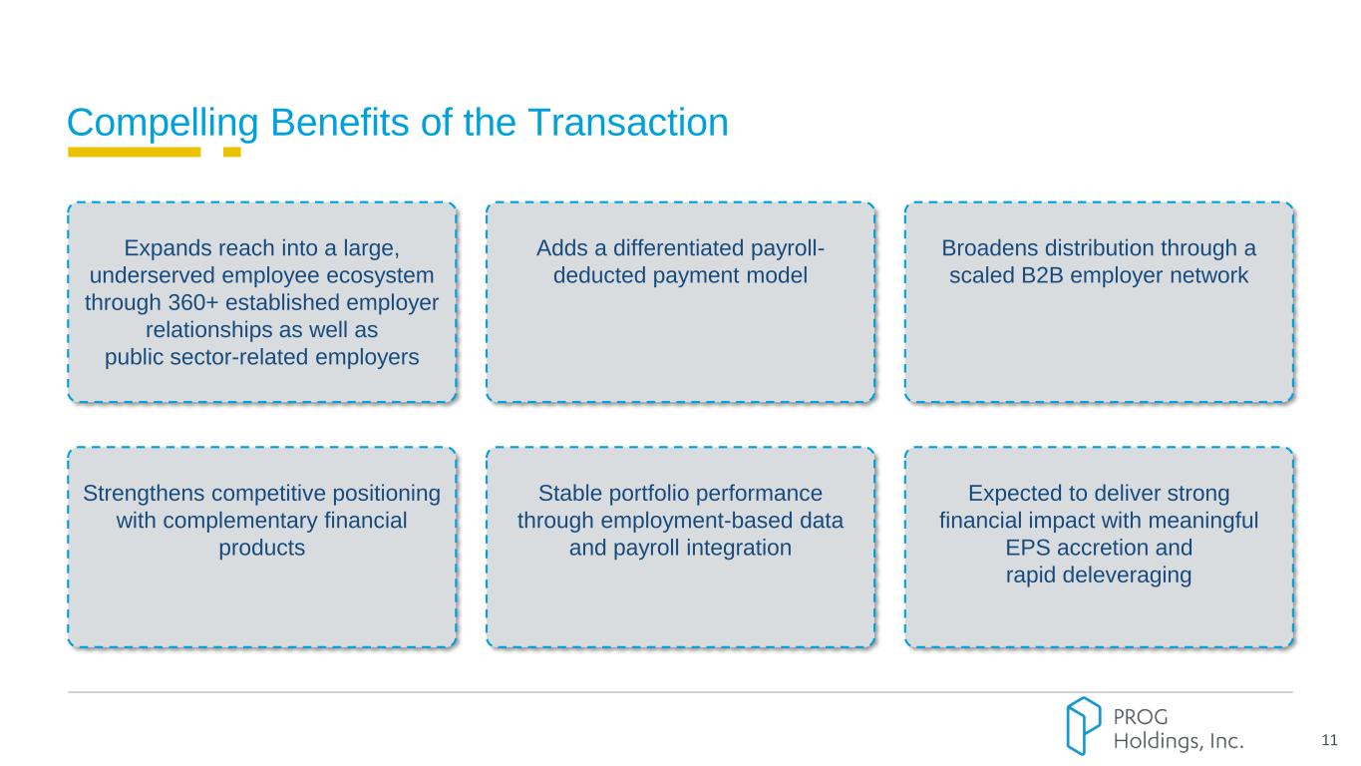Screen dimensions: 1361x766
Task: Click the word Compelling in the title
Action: pos(163,124)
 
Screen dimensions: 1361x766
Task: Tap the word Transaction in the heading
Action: pos(628,123)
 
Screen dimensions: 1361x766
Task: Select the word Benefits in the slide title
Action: pos(340,123)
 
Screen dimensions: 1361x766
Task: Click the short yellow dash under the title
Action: pos(232,152)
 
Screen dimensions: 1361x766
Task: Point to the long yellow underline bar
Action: pos(135,152)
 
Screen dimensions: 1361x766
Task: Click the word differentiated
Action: pos(679,248)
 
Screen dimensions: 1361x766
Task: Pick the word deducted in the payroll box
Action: pos(599,275)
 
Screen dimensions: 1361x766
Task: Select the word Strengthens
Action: pos(144,493)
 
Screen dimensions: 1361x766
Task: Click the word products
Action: pos(262,549)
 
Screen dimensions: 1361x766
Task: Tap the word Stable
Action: pos(570,493)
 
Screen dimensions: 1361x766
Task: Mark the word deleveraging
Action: pos(1127,575)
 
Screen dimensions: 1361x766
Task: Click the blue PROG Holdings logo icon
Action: pos(1083,726)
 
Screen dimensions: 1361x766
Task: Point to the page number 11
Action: pos(1329,740)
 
